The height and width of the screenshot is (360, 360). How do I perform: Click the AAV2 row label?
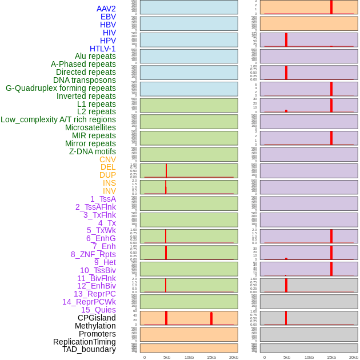coord(106,9)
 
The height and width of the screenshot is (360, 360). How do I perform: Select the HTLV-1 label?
coord(103,49)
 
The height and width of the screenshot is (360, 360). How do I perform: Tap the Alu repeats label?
coord(95,56)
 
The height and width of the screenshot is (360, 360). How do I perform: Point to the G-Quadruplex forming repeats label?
coord(61,88)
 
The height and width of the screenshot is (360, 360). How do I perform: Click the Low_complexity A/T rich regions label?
coord(58,119)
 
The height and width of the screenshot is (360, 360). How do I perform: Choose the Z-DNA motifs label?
coord(93,151)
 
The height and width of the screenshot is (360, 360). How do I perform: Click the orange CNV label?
coord(107,159)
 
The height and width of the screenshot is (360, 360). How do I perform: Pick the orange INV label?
coord(109,191)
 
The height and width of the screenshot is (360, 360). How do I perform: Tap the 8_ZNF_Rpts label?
coord(93,254)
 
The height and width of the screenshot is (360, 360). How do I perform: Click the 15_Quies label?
coord(98,310)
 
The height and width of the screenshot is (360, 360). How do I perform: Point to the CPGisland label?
coord(97,318)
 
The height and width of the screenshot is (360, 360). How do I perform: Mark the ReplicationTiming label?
coord(85,342)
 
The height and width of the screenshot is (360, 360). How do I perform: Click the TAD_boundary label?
coord(89,349)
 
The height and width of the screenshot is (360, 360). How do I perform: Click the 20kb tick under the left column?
coord(234,357)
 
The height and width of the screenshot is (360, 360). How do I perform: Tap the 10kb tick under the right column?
coord(309,357)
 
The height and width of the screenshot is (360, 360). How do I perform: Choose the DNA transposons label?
coord(85,80)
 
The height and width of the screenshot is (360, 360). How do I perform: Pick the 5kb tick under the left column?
coord(167,357)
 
